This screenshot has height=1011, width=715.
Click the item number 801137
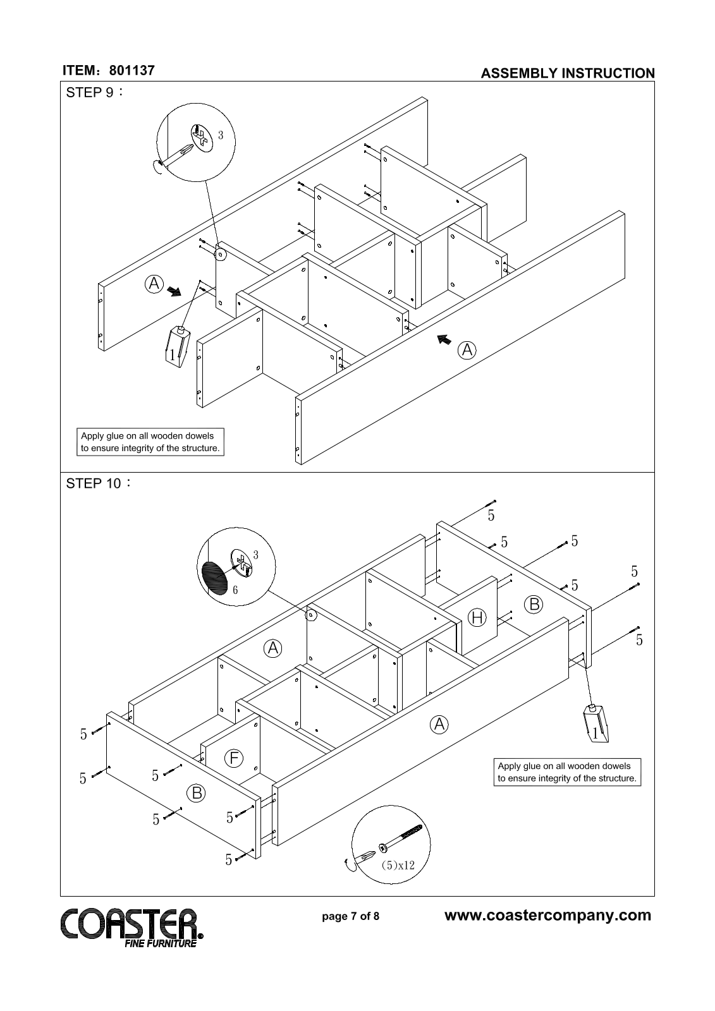tap(132, 70)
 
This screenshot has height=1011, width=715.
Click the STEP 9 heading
tap(94, 92)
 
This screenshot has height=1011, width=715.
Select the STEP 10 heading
tap(99, 483)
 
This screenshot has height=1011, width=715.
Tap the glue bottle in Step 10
tap(596, 723)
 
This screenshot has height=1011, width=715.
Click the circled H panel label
tap(477, 617)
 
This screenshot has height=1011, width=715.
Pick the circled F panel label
tap(233, 758)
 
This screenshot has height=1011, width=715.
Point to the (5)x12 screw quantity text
tap(398, 865)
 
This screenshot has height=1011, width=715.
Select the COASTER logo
tap(131, 928)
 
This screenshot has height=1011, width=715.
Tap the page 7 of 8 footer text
tap(350, 916)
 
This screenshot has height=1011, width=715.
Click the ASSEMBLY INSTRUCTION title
tap(568, 73)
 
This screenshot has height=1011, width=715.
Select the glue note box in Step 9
tap(150, 442)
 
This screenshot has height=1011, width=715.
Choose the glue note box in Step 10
tap(567, 772)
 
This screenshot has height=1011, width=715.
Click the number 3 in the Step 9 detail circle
tap(221, 135)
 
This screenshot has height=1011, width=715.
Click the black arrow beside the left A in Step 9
tap(173, 291)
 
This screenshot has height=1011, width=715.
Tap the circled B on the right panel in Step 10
tap(534, 604)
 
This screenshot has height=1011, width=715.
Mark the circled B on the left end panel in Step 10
tap(197, 793)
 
